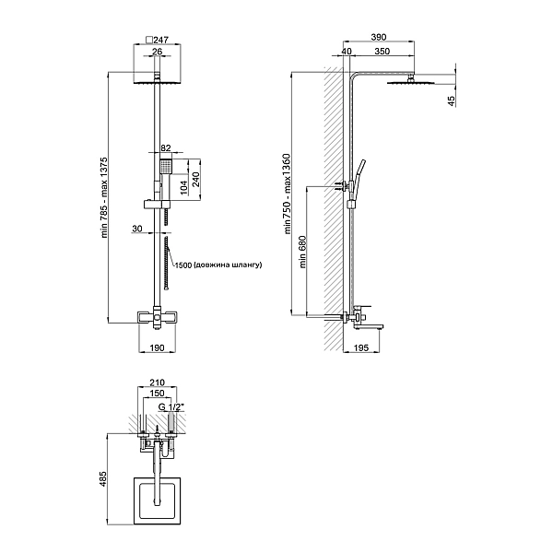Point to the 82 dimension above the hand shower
coord(166,147)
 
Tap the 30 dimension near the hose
coord(138,229)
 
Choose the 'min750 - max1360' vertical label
coord(287,199)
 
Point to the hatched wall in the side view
coord(334,212)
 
